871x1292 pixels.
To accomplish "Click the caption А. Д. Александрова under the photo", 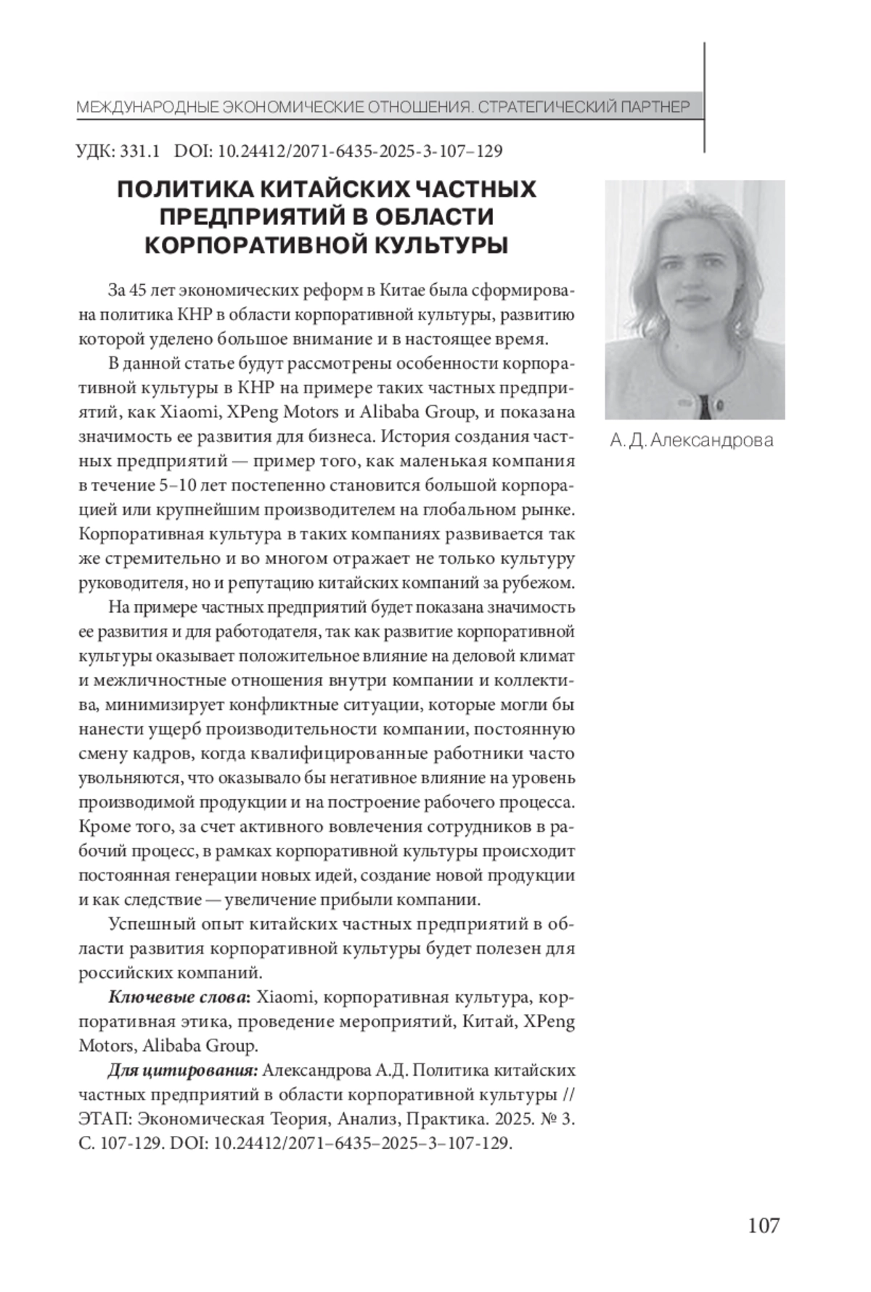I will [691, 440].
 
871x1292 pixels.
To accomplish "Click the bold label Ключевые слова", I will [177, 997].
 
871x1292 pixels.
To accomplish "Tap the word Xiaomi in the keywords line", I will [285, 997].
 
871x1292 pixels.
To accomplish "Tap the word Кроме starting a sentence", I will [104, 827].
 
